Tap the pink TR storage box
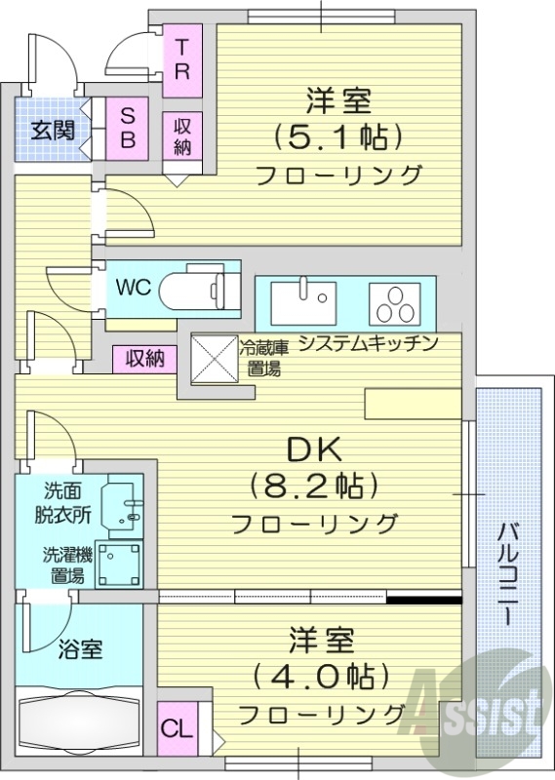pyautogui.click(x=182, y=59)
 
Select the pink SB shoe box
pyautogui.click(x=128, y=127)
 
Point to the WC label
pyautogui.click(x=132, y=289)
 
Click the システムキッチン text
pyautogui.click(x=367, y=342)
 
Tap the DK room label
pyautogui.click(x=312, y=449)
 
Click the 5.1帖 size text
pyautogui.click(x=339, y=136)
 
